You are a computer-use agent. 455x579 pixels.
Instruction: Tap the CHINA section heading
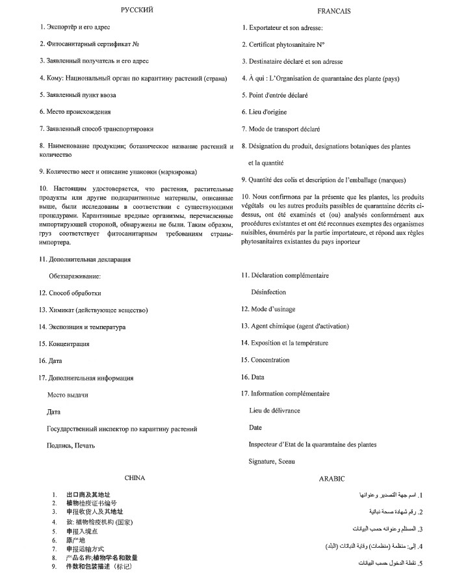point(135,478)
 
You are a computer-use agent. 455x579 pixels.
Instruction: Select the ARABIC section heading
point(331,478)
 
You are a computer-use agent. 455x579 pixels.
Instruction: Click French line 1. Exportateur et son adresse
point(282,28)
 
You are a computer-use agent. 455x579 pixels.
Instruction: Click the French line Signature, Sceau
point(271,461)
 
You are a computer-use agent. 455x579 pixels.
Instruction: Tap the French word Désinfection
point(270,292)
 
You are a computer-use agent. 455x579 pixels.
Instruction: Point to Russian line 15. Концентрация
point(64,343)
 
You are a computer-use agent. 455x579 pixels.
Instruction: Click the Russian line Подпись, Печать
point(71,445)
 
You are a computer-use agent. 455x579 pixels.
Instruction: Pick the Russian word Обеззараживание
point(75,276)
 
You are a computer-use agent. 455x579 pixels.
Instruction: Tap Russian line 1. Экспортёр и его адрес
point(75,27)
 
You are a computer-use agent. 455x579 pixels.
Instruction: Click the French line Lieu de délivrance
point(274,411)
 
